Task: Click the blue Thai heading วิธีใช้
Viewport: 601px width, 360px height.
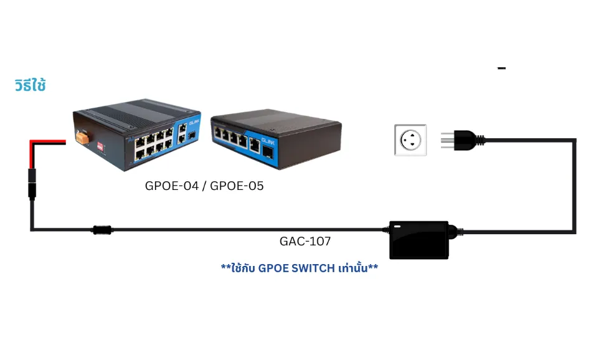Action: tap(30, 85)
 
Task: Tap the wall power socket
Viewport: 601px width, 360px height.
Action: tap(410, 140)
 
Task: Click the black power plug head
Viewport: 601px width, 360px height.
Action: tap(467, 139)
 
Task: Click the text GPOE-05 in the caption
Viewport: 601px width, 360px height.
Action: tap(237, 186)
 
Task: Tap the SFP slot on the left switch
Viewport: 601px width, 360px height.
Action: tap(192, 135)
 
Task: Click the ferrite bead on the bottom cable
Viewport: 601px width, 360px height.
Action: tap(102, 230)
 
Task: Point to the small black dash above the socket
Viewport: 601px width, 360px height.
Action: tap(501, 68)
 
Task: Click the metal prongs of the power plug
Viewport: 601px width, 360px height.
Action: tap(447, 139)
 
